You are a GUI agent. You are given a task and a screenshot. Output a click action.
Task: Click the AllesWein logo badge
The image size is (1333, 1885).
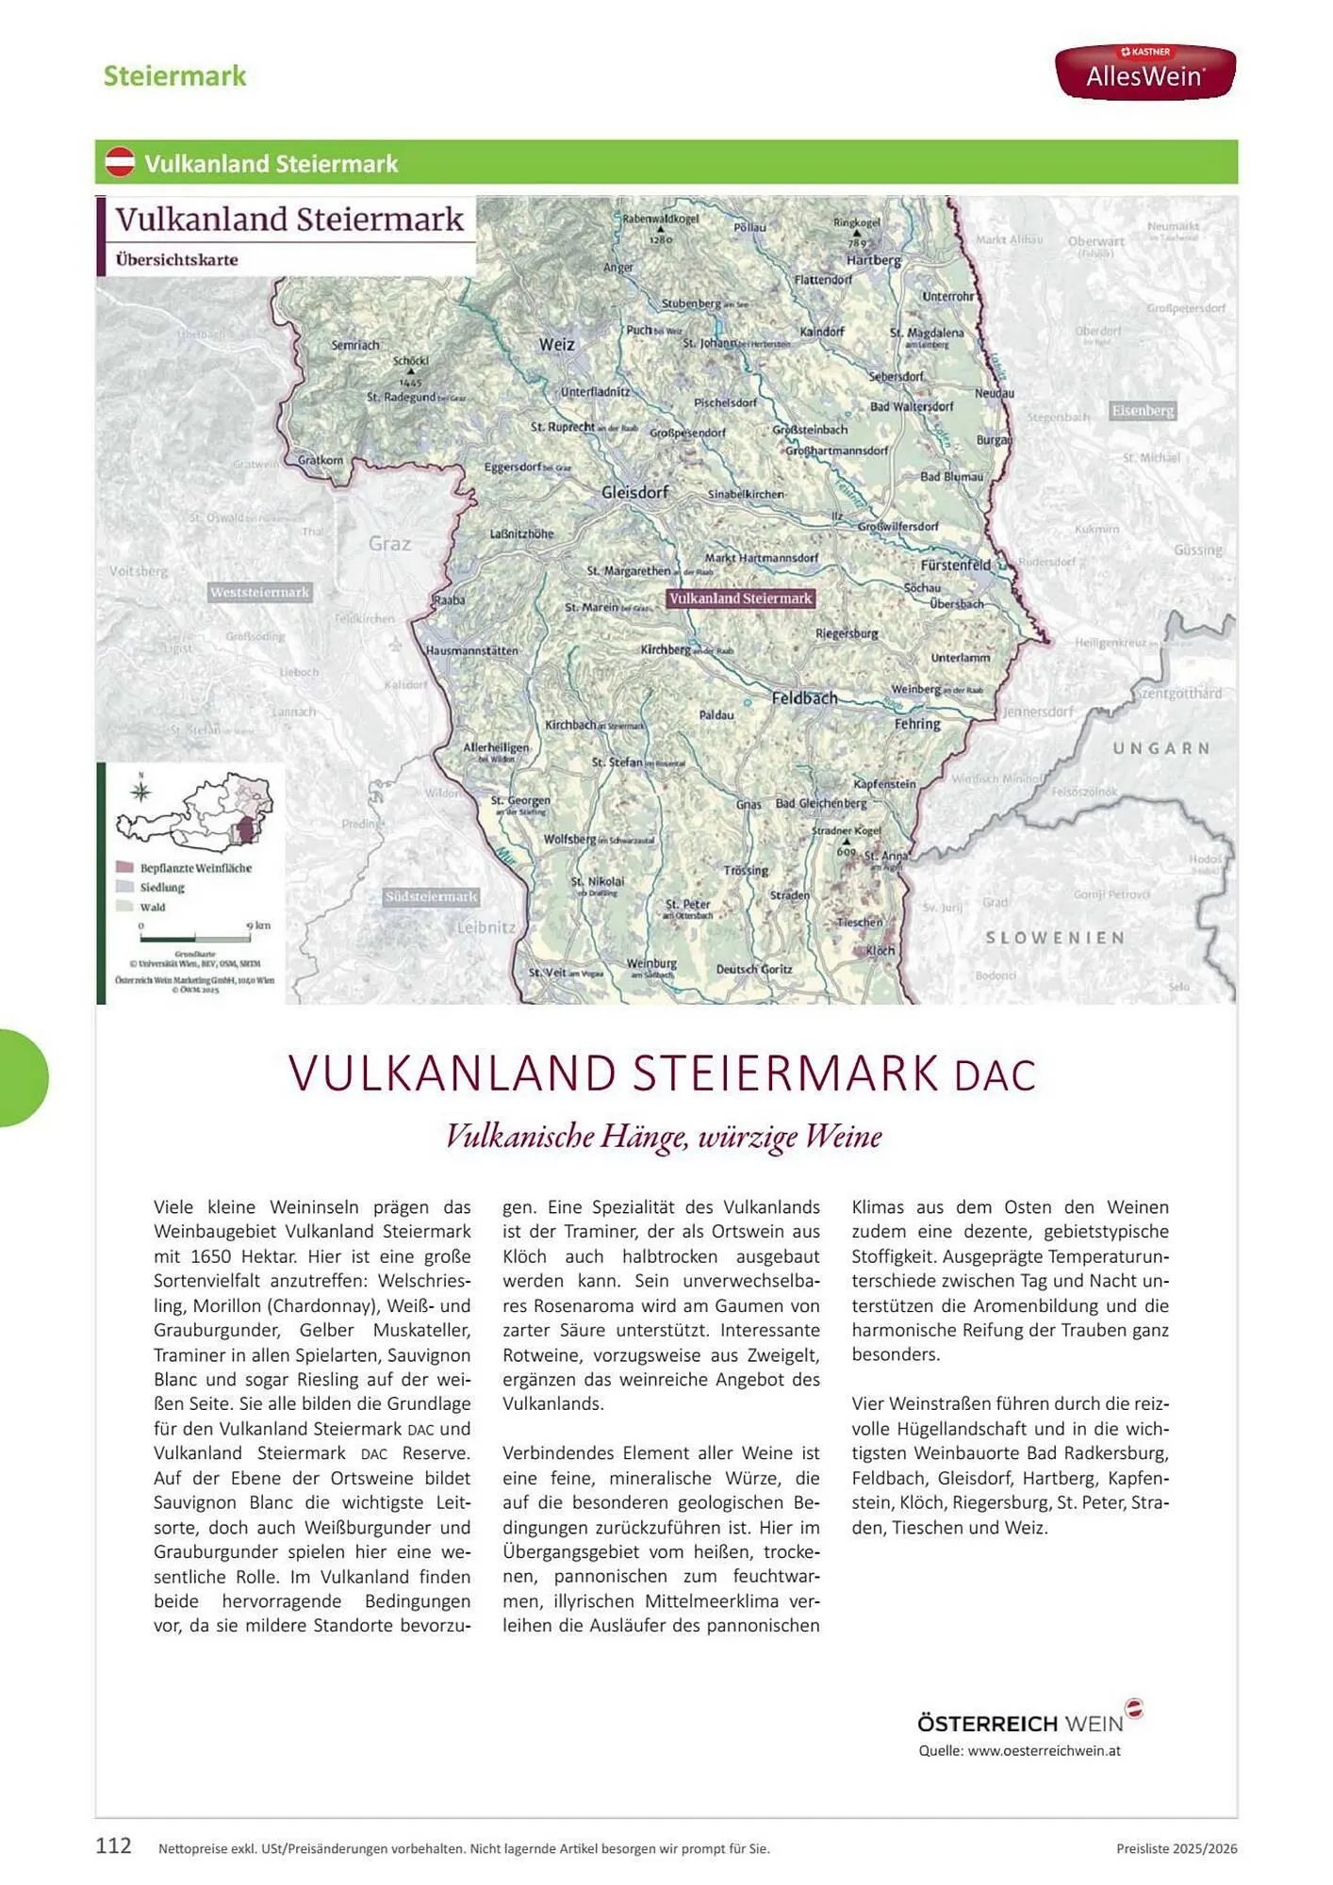tap(1144, 71)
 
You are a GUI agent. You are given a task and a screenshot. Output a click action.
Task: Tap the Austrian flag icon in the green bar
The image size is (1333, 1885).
tap(120, 162)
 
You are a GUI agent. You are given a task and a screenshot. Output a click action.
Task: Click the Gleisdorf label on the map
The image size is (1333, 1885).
tap(635, 492)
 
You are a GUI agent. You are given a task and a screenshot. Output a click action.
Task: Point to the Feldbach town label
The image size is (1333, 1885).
tap(804, 698)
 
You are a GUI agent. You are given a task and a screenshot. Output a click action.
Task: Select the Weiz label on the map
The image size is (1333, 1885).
tap(556, 345)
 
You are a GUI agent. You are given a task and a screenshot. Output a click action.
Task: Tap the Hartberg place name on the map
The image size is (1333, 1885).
tap(873, 260)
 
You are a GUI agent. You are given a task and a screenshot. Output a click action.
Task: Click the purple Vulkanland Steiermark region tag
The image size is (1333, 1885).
tap(740, 598)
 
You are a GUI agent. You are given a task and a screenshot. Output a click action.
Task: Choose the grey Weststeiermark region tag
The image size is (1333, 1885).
tap(259, 592)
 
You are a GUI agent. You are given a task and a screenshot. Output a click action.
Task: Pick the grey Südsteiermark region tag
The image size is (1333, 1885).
tap(431, 896)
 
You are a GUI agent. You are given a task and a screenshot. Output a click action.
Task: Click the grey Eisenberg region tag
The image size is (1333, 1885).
tap(1143, 411)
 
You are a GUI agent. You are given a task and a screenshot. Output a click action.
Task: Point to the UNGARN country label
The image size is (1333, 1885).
tap(1160, 748)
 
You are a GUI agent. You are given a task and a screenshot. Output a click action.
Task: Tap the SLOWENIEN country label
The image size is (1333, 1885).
tap(1055, 938)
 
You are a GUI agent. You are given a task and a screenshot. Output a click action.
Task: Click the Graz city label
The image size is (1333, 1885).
tap(389, 544)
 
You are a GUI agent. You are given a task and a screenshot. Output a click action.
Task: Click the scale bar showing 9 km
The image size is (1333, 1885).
tap(195, 939)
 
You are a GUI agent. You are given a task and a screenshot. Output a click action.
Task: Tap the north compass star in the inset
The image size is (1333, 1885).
tap(141, 792)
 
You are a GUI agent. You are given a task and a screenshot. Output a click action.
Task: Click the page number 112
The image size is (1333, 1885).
tap(113, 1845)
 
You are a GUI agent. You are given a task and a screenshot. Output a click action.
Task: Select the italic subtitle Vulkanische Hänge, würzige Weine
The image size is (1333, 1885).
tap(663, 1137)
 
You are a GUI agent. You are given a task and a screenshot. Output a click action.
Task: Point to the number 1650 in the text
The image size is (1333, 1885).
tap(210, 1256)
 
